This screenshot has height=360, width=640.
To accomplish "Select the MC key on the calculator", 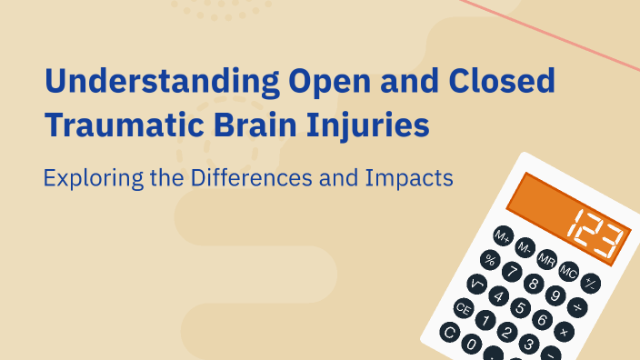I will [569, 270].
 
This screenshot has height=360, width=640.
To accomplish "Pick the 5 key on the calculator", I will [519, 307].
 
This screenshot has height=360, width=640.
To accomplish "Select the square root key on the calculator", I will [476, 284].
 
